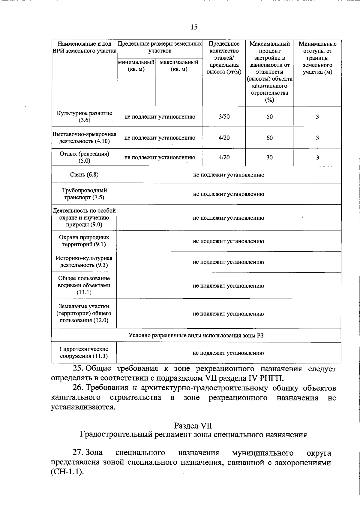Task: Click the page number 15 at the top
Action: point(194,27)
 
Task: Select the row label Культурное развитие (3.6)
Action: point(84,117)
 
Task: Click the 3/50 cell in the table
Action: point(224,117)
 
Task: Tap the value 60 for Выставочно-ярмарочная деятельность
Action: point(269,138)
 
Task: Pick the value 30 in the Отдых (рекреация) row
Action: point(269,157)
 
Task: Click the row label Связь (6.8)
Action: point(84,175)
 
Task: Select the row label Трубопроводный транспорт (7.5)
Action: point(84,194)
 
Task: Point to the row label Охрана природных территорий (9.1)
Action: point(84,241)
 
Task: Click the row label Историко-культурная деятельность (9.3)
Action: point(84,262)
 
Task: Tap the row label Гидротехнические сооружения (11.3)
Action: point(84,353)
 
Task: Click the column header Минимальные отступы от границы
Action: point(317,58)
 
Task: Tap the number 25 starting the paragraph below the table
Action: point(78,368)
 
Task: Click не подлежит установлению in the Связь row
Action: point(229,175)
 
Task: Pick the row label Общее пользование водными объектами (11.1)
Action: point(84,285)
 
